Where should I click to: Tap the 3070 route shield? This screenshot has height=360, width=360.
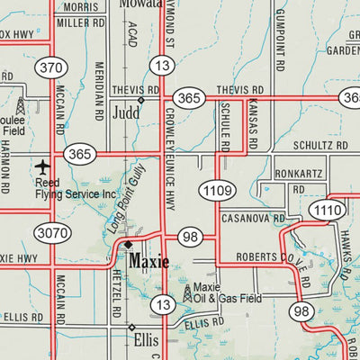(x=51, y=234)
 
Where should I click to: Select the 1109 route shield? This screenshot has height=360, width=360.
(x=218, y=190)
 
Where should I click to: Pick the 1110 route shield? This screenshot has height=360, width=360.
(x=325, y=210)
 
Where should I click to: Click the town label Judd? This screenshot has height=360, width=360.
(x=126, y=114)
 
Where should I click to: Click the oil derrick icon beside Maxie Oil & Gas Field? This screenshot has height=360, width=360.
(x=187, y=291)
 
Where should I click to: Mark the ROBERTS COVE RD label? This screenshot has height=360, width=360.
(x=270, y=257)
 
